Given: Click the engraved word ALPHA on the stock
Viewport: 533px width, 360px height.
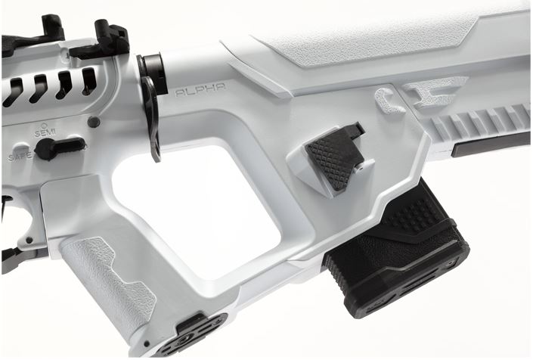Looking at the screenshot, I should (200, 90).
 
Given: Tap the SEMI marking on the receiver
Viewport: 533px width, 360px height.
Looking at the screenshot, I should (45, 133).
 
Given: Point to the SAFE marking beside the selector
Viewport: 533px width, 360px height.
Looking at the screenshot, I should (18, 157).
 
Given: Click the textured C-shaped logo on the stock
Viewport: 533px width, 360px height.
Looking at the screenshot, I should (389, 101).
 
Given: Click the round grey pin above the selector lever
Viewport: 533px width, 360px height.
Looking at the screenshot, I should (93, 122).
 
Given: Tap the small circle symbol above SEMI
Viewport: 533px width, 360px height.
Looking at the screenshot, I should (44, 125).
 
